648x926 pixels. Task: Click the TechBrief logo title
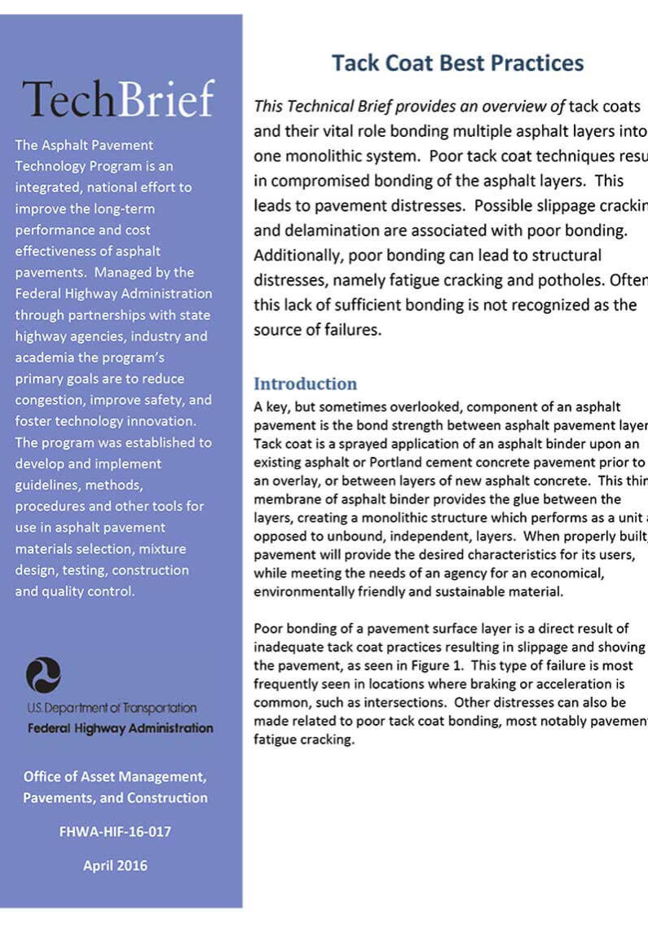tap(118, 99)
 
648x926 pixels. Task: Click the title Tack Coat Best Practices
tap(457, 64)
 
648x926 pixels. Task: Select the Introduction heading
tap(305, 384)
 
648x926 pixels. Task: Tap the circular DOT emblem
tap(43, 675)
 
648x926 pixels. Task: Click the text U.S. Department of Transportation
tap(112, 709)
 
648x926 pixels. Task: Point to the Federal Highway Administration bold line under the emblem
tap(120, 728)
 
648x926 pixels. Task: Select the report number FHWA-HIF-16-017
tap(115, 832)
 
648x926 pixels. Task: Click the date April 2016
tap(115, 865)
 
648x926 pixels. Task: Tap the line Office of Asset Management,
tap(115, 777)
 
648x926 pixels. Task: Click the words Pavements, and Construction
tap(115, 798)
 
